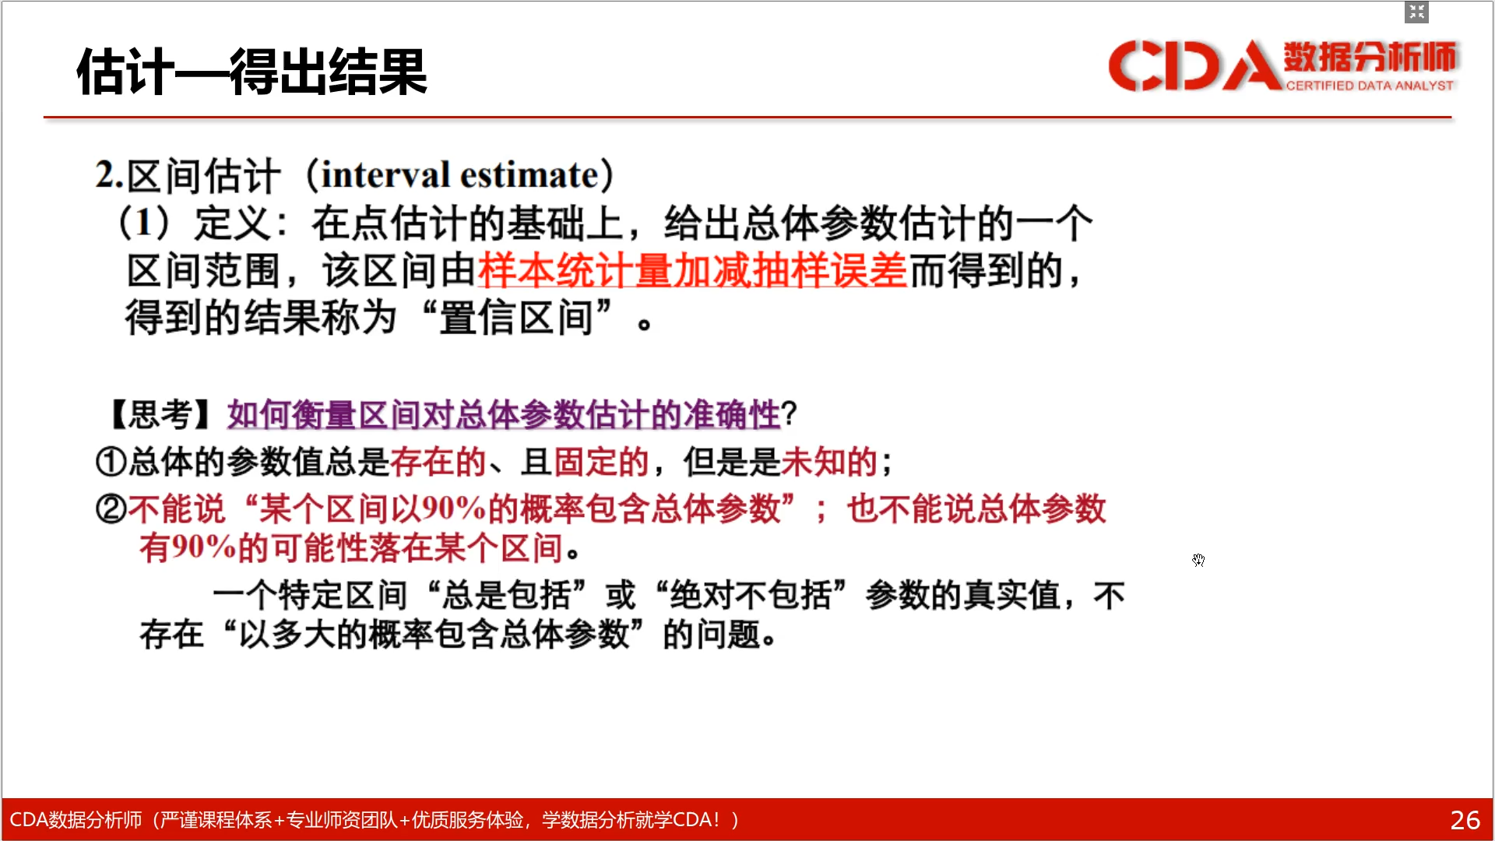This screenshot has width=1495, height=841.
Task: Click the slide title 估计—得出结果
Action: pyautogui.click(x=252, y=72)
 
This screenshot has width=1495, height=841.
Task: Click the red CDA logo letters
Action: pyautogui.click(x=1194, y=65)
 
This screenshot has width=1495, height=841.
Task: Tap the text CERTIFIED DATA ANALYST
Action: pyautogui.click(x=1370, y=86)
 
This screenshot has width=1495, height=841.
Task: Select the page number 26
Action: pyautogui.click(x=1465, y=820)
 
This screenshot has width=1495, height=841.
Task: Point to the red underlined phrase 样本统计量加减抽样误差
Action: pyautogui.click(x=692, y=271)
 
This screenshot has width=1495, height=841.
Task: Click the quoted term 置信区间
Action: pyautogui.click(x=516, y=318)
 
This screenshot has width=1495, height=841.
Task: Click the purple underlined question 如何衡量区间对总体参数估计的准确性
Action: pyautogui.click(x=504, y=414)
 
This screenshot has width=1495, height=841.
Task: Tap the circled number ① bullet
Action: pyautogui.click(x=111, y=462)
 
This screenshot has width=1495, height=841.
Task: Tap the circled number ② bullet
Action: pyautogui.click(x=111, y=509)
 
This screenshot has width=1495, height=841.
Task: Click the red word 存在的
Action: pyautogui.click(x=438, y=462)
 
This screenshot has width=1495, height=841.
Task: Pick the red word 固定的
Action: pyautogui.click(x=601, y=462)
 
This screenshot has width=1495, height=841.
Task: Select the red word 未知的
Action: pyautogui.click(x=829, y=462)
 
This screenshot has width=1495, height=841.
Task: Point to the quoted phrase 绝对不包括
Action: pyautogui.click(x=751, y=596)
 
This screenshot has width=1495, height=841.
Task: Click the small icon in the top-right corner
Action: pyautogui.click(x=1416, y=12)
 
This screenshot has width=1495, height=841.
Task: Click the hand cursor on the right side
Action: pyautogui.click(x=1198, y=560)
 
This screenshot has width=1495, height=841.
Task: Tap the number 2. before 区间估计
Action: pyautogui.click(x=110, y=174)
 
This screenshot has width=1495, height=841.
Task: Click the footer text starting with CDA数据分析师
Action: pyautogui.click(x=375, y=820)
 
